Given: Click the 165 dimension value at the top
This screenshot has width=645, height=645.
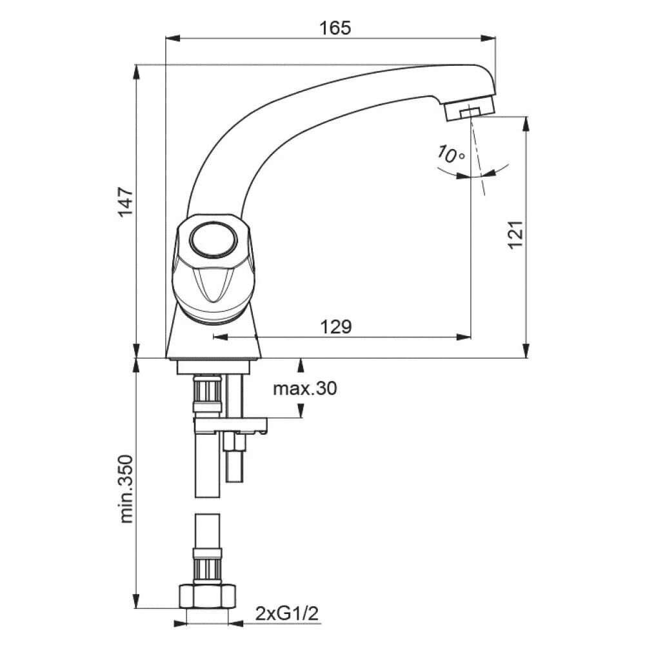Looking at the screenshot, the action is point(335,28).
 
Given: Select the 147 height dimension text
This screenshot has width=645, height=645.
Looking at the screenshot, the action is point(126,202).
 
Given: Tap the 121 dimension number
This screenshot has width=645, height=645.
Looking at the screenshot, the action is point(515,234).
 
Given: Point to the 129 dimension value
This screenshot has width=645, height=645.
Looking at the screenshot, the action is point(336,327).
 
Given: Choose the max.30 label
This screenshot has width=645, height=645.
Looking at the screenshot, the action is point(305,388).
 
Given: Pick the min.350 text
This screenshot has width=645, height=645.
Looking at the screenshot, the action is point(126,488).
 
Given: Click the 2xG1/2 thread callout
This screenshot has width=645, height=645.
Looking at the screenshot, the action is point(287,614).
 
